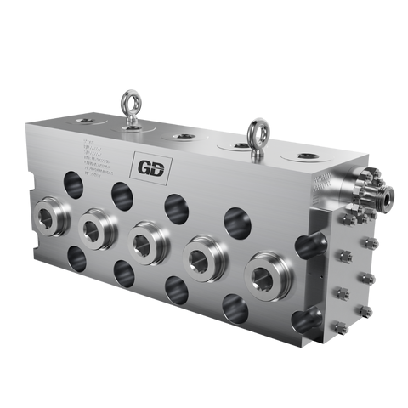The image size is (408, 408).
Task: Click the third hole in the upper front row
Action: coord(176,206)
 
